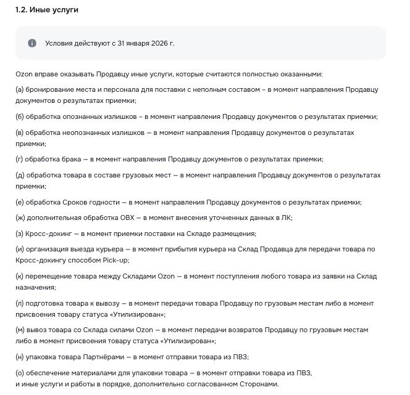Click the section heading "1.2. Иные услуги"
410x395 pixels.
[47, 10]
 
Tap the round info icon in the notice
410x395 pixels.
[32, 43]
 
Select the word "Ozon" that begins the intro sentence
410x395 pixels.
[24, 74]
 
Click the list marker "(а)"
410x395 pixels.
[20, 89]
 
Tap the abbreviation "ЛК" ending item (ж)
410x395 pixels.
[285, 218]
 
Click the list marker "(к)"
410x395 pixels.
[20, 276]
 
